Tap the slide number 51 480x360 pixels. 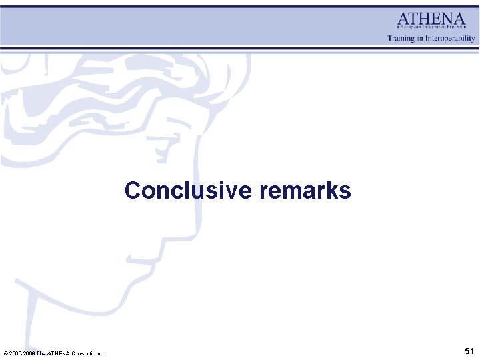coord(469,351)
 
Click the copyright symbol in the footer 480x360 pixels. coord(6,353)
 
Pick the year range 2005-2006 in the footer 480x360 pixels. coord(22,353)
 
